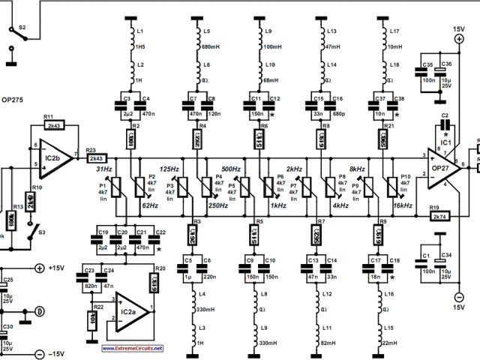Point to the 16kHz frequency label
coord(403,204)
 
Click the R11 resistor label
coord(48,116)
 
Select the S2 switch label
coord(22,26)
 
